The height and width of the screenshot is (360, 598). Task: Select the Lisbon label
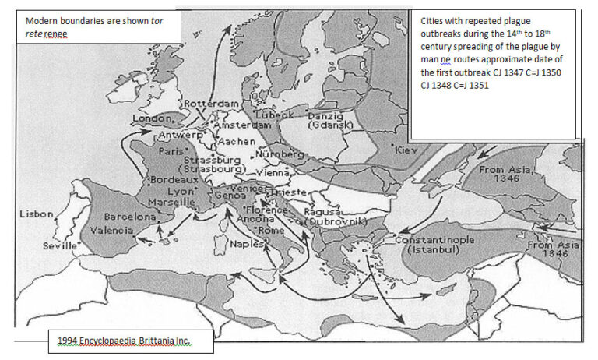[x=36, y=214]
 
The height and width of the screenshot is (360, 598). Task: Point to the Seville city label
[x=60, y=245]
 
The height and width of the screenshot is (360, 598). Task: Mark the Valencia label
[x=112, y=231]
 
